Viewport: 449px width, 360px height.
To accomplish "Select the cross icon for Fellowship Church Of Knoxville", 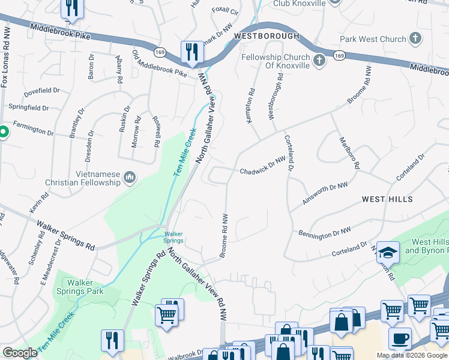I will click(319, 59).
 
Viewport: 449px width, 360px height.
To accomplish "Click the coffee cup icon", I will click(400, 337).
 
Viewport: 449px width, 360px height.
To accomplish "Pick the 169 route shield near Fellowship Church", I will click(340, 56).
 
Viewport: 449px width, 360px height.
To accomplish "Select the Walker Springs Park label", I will click(85, 287).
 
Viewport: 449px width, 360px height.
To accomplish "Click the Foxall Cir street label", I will click(225, 11).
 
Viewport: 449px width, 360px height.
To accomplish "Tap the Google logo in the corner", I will click(20, 353).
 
